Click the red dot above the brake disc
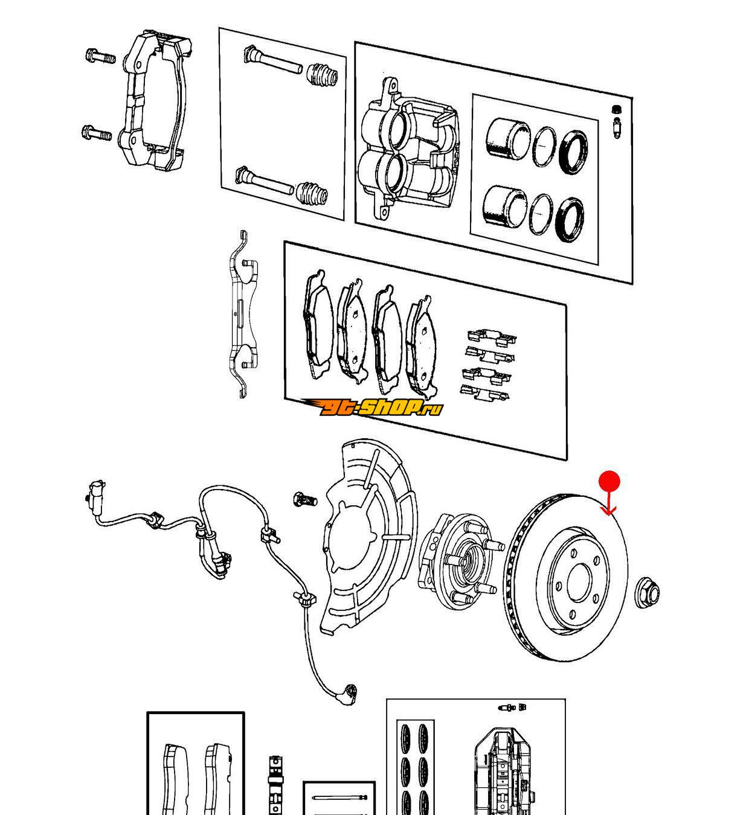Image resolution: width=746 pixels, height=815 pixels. click(609, 481)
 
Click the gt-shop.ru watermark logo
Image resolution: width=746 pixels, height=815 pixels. click(371, 407)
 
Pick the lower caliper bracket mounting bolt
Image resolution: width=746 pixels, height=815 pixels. click(97, 133)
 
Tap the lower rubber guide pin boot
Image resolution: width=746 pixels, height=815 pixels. click(312, 193)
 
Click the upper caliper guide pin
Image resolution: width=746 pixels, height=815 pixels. click(272, 60)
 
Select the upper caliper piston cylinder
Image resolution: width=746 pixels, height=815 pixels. click(508, 138)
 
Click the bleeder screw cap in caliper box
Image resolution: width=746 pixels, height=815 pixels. click(616, 109)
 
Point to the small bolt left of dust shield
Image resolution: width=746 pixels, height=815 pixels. click(304, 499)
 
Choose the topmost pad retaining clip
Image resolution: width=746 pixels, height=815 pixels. click(492, 336)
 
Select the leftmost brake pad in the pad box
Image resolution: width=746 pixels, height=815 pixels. click(318, 325)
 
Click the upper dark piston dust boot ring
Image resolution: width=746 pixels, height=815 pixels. click(573, 152)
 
